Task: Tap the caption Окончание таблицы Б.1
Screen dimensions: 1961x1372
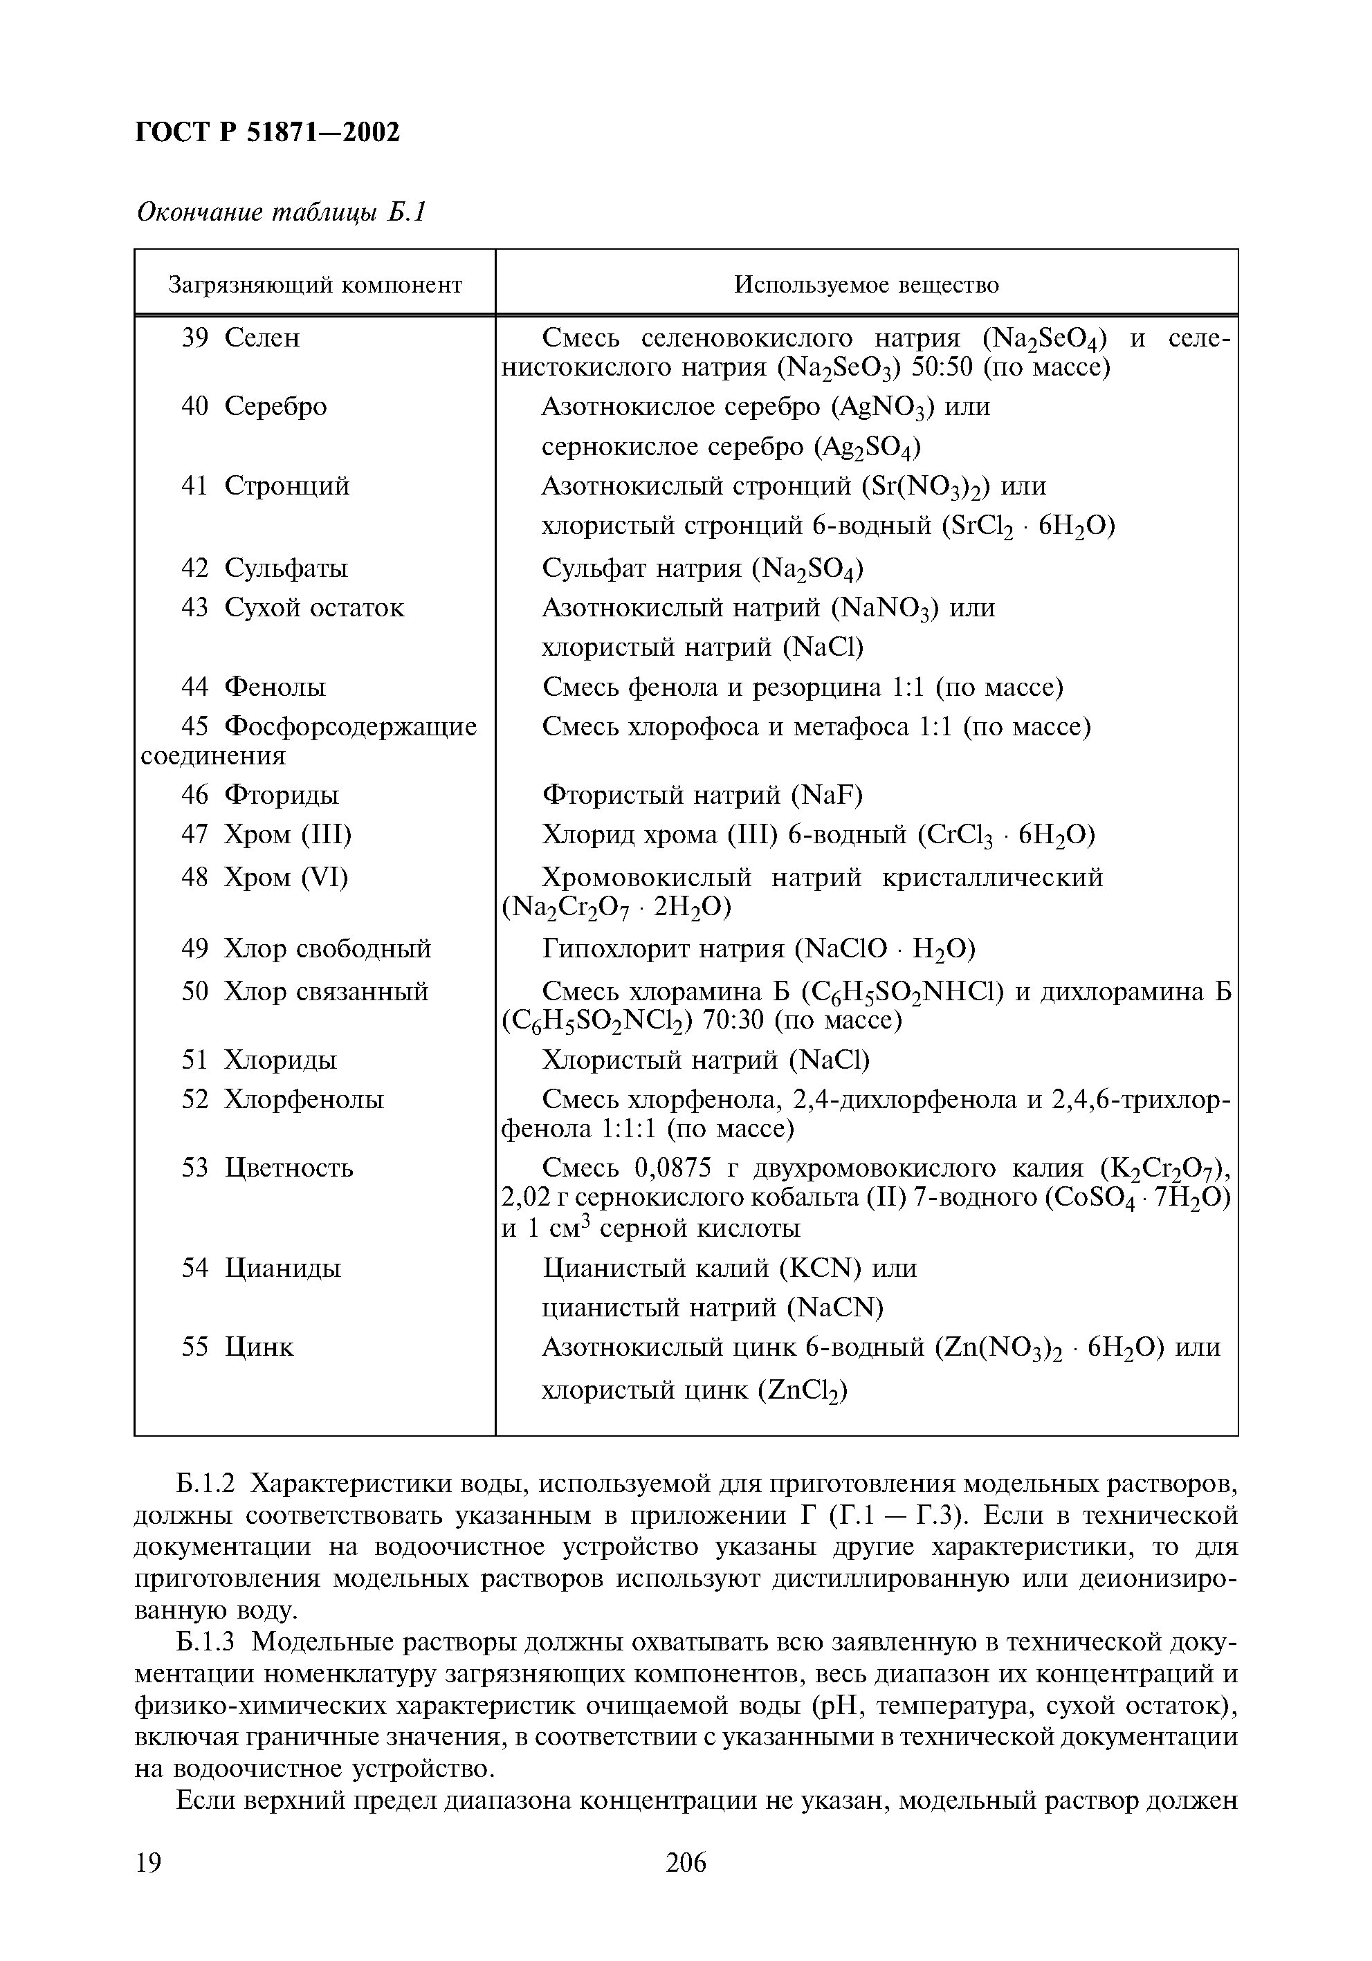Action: click(281, 211)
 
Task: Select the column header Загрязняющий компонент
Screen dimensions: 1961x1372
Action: click(314, 284)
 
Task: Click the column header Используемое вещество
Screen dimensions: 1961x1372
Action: click(866, 284)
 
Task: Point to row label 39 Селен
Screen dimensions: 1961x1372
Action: click(240, 338)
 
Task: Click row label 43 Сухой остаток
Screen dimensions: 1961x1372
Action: click(292, 607)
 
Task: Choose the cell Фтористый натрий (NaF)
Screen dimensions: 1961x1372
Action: click(702, 795)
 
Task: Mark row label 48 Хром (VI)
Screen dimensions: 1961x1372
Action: click(264, 877)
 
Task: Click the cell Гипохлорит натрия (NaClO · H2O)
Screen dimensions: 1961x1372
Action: click(758, 949)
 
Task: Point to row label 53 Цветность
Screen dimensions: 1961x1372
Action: click(266, 1168)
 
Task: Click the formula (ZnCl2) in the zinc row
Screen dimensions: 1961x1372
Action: click(801, 1391)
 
